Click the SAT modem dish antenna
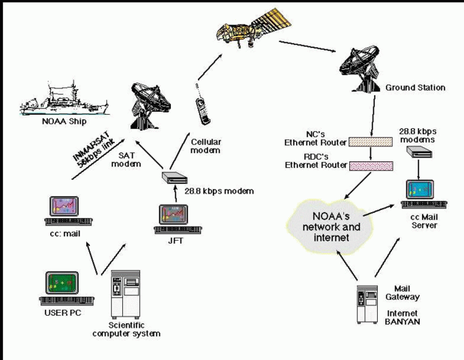click(x=154, y=100)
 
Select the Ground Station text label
click(x=415, y=88)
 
